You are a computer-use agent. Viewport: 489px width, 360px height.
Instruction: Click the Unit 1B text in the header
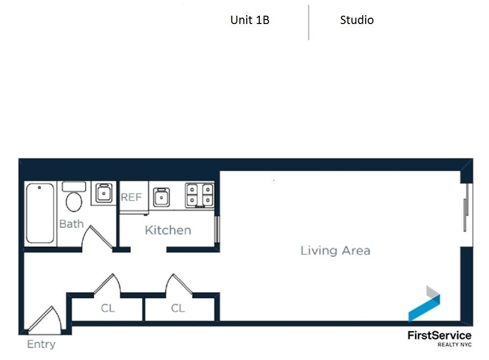[x=250, y=20]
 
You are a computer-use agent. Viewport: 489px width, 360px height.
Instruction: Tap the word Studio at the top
[x=357, y=20]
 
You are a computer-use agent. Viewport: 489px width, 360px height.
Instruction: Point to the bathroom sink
[x=103, y=193]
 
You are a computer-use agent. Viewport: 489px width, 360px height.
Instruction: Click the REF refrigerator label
[x=131, y=197]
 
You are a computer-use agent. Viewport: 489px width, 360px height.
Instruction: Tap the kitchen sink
[x=161, y=197]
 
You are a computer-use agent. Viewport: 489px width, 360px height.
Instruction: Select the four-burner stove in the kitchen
[x=199, y=194]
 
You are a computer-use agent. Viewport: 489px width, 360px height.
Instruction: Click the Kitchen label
[x=168, y=230]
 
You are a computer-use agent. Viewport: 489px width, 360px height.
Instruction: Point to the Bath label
[x=71, y=224]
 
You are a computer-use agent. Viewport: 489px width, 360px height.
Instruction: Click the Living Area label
[x=335, y=251]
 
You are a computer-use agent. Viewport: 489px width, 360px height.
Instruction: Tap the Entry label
[x=41, y=344]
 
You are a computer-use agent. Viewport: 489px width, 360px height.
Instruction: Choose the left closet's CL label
[x=108, y=308]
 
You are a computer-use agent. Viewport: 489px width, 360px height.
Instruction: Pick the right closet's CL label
[x=178, y=308]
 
